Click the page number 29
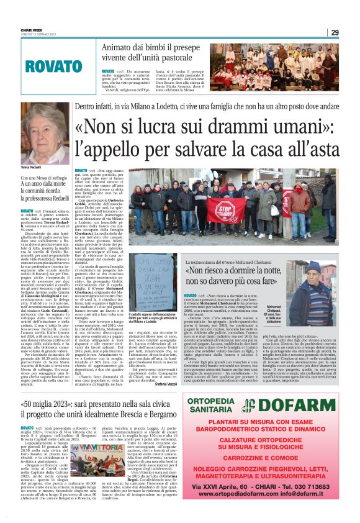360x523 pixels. [x=335, y=32]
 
